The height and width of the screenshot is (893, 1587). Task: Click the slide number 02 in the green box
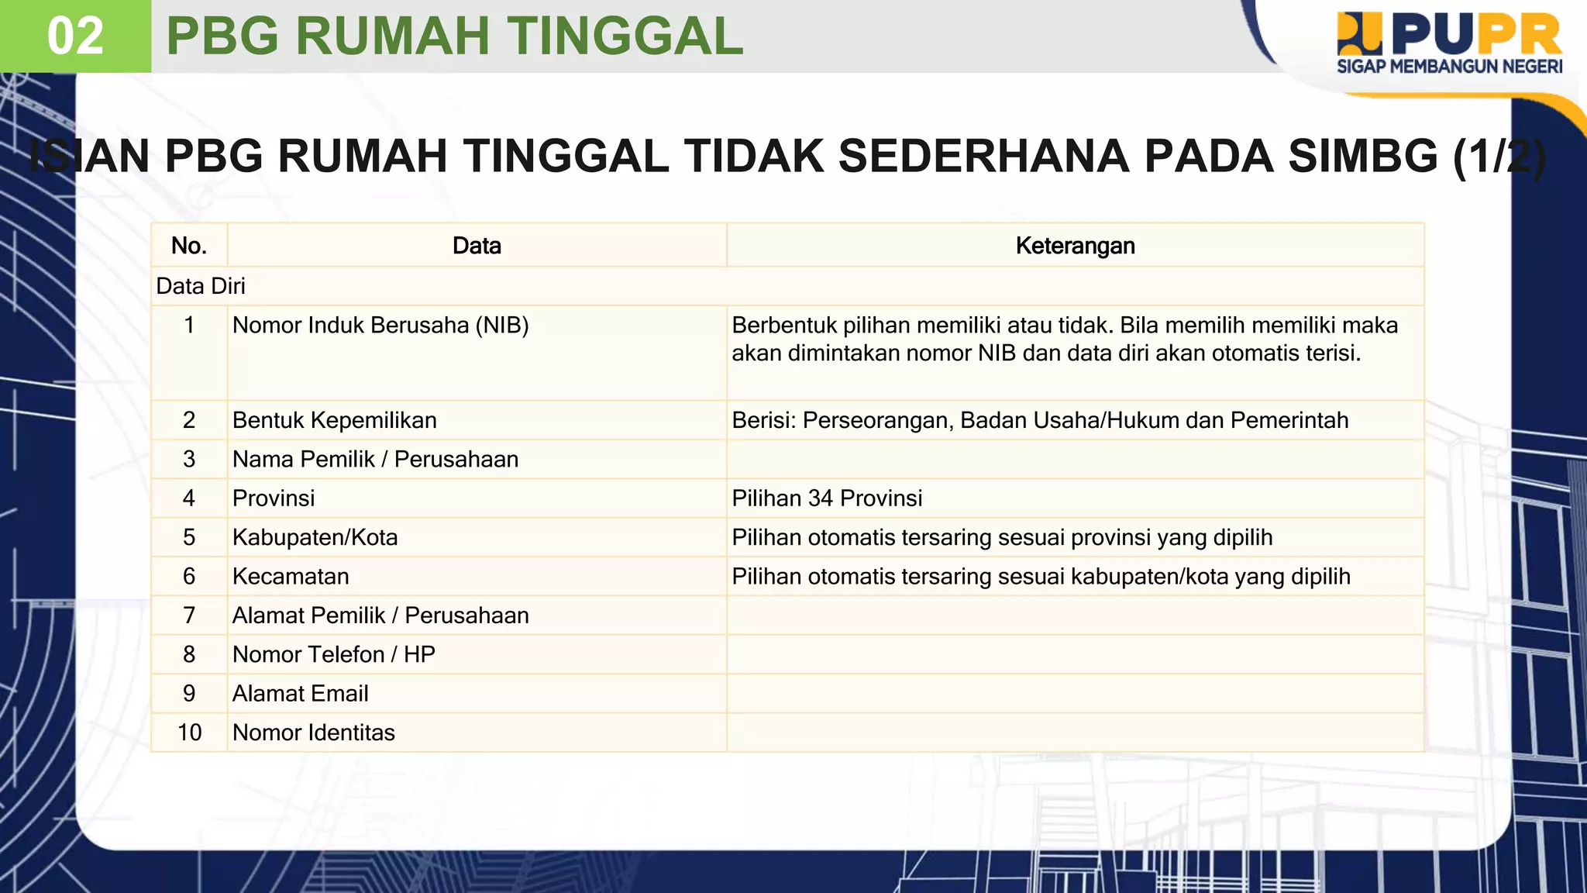(75, 36)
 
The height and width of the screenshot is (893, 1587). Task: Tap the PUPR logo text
(1481, 35)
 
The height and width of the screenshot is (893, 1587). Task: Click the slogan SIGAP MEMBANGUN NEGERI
(1449, 67)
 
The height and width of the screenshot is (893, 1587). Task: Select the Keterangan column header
(1075, 246)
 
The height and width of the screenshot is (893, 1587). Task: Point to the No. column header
(189, 246)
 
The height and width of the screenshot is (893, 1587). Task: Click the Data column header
(477, 246)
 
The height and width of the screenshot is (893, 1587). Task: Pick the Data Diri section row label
(201, 286)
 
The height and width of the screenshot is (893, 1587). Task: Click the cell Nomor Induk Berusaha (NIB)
(380, 326)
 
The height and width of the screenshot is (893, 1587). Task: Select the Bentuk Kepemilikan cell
(335, 420)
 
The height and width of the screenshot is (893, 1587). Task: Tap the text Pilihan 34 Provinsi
(827, 498)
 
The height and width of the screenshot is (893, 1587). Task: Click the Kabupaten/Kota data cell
(315, 537)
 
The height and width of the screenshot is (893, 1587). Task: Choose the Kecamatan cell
(291, 577)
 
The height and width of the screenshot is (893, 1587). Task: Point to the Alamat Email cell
(301, 694)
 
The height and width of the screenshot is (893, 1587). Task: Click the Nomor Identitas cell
(314, 733)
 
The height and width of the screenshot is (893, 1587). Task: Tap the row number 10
(189, 733)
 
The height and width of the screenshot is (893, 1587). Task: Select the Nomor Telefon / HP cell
(334, 655)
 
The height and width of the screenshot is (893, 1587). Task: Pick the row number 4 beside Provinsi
(189, 498)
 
